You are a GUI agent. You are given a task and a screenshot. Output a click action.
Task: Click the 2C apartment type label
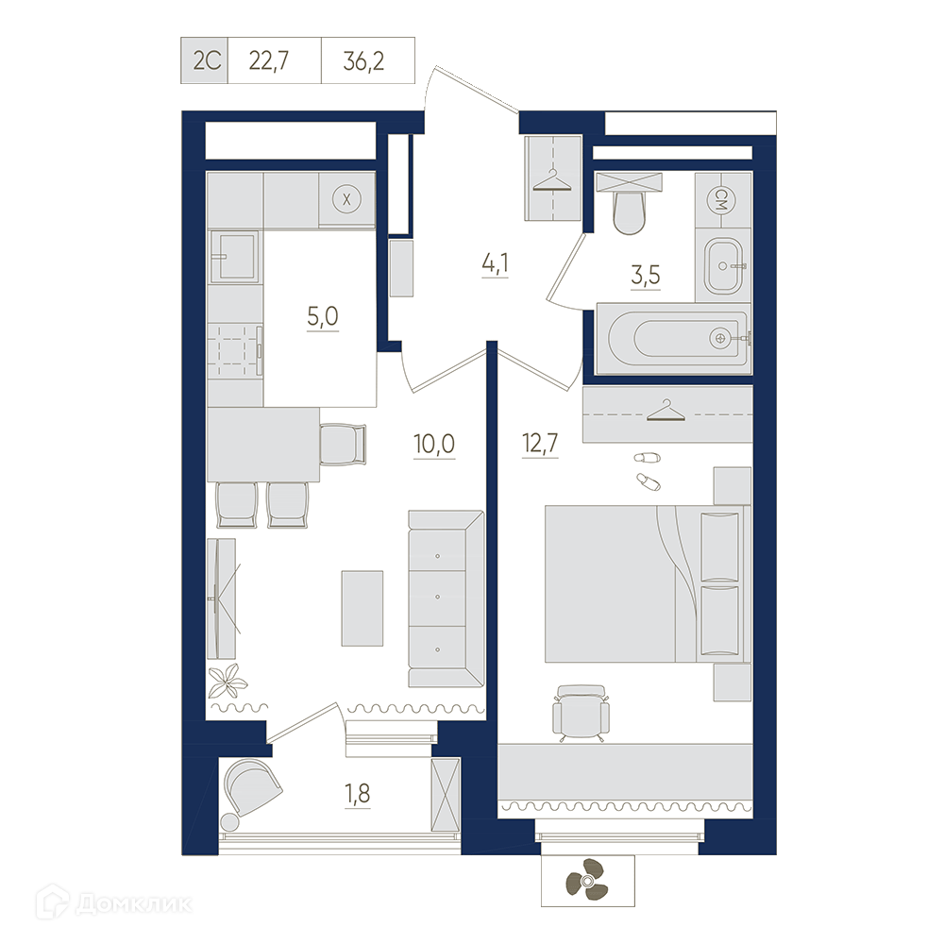tap(207, 60)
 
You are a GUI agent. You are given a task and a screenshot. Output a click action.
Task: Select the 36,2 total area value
tap(363, 60)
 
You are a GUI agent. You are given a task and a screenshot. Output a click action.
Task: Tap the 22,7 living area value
tap(268, 60)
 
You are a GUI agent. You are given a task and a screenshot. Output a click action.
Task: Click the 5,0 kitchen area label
tap(323, 316)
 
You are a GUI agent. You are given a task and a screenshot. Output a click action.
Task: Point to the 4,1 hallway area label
tap(495, 264)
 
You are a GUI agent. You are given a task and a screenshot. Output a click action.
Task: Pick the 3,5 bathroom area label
tap(646, 275)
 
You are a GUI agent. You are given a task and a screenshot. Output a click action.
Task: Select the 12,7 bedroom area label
tap(541, 444)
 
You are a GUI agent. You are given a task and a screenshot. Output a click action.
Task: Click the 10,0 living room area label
tap(434, 445)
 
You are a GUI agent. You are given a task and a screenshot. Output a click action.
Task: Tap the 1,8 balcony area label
tap(358, 795)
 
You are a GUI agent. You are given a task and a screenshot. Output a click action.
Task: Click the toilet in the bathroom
tap(629, 204)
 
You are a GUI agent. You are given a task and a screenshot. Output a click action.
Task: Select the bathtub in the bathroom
tap(673, 338)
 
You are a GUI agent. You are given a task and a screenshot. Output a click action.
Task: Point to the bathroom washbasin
tap(723, 265)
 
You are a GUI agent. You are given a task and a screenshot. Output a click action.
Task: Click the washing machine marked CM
tap(723, 199)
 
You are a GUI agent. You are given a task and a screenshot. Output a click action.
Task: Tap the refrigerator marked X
tap(346, 200)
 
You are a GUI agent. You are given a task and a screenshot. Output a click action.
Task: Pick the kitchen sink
tap(235, 257)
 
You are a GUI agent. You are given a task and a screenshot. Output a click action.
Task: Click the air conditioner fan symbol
tap(586, 882)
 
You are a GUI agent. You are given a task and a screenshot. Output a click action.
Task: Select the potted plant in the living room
tap(228, 681)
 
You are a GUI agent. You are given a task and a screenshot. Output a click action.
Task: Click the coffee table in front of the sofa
tap(362, 608)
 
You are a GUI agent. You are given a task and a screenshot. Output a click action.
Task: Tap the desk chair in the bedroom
tap(579, 712)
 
